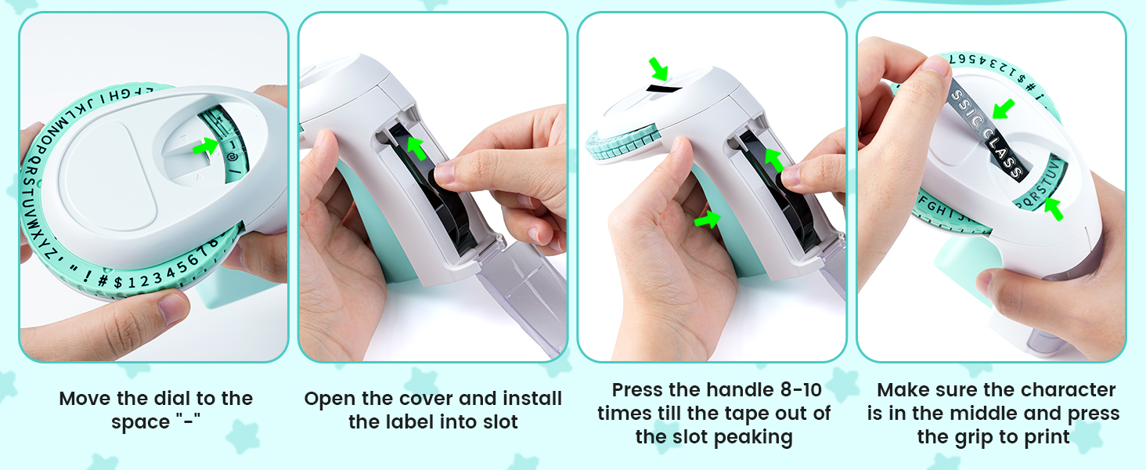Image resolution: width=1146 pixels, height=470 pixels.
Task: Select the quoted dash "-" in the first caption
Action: click(x=186, y=422)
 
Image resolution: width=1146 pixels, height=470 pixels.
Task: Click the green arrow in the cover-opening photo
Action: click(x=418, y=146)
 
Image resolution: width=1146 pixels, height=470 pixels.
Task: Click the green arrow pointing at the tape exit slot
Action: click(x=659, y=69)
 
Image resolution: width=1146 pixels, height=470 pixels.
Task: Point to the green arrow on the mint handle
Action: click(x=708, y=220)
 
